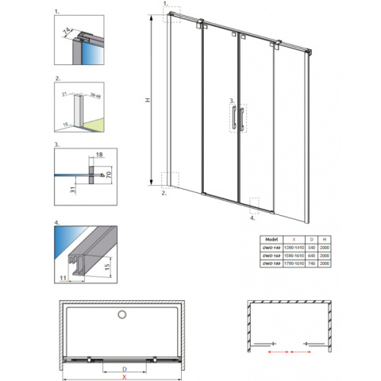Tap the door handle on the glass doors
tap(235, 117)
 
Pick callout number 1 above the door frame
tap(164, 3)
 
